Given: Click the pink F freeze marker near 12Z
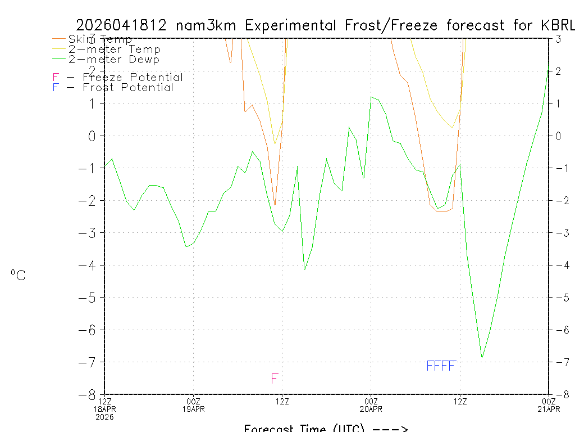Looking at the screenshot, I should point(275,379).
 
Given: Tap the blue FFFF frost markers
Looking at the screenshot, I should point(441,366).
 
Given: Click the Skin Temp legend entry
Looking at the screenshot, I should point(100,39).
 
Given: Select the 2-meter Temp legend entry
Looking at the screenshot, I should point(114,49).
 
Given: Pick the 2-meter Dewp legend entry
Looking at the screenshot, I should point(113,60).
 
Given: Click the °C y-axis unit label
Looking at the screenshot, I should point(18,276).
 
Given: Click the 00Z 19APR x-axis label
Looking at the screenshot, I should point(194,404).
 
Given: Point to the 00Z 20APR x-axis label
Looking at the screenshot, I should point(371,404).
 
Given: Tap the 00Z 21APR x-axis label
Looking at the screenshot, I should point(549,404).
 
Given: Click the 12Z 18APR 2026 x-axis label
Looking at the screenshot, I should point(105,408).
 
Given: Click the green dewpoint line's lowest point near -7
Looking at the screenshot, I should point(482,357).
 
